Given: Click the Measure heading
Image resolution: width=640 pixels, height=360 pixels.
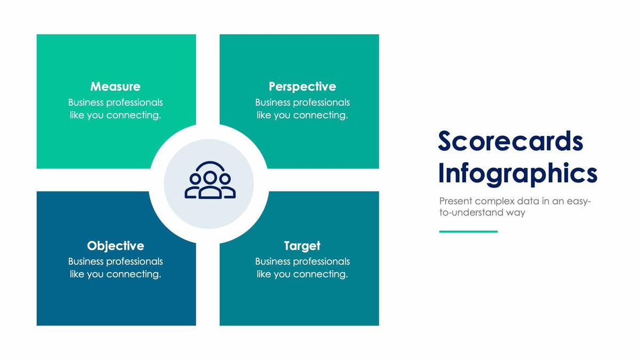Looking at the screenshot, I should point(115,86).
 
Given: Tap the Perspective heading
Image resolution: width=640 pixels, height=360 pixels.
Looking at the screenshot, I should point(302,86).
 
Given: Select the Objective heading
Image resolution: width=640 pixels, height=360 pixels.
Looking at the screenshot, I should point(115,246).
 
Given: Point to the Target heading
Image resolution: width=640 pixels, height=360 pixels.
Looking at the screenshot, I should point(302,246).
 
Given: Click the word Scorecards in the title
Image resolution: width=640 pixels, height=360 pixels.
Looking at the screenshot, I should point(510,141).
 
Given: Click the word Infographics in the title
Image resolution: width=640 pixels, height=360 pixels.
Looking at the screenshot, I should point(517,174).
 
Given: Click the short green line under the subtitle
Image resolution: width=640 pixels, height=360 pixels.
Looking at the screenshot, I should point(468,231).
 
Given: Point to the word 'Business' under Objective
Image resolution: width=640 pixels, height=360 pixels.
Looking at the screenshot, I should point(86,261).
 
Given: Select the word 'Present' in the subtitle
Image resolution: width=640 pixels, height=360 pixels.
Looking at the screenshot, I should point(455,202).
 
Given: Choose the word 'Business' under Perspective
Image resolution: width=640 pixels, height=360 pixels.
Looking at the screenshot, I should point(274,102).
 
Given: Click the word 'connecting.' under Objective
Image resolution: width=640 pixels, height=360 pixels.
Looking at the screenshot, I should point(133,274).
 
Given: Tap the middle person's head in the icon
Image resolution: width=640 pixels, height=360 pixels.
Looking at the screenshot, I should point(210,177).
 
